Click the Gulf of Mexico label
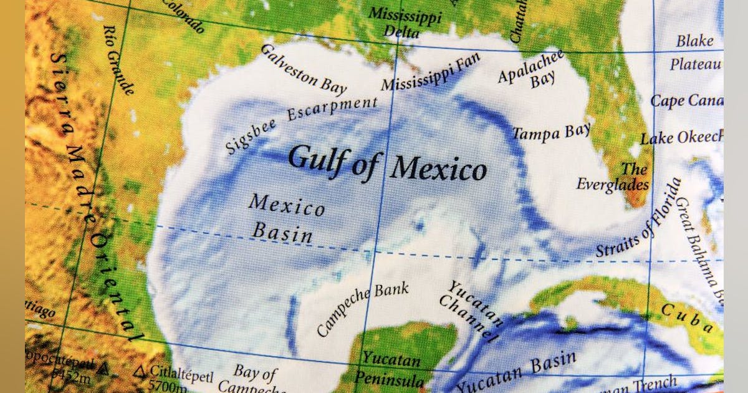pos(386,163)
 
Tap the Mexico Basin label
pos(285,218)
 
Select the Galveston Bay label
pos(303,70)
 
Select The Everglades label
pos(614,177)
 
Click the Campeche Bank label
pos(363,308)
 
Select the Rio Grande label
pos(118,59)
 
